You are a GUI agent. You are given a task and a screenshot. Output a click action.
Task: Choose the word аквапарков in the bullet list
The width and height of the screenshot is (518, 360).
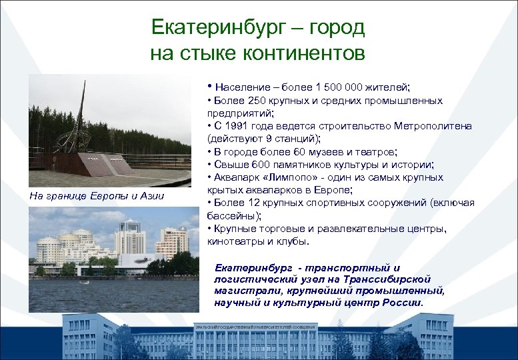pos(266,190)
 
